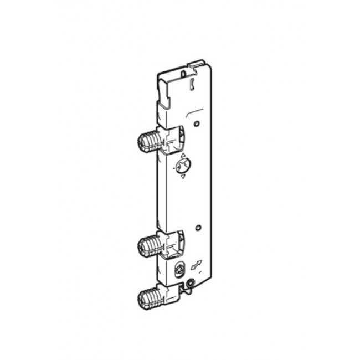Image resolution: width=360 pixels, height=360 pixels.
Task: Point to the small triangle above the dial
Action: (x=183, y=155)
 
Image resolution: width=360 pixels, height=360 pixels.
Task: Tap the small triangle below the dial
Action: (x=182, y=177)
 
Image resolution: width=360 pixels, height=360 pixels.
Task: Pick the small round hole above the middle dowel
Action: (x=197, y=227)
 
